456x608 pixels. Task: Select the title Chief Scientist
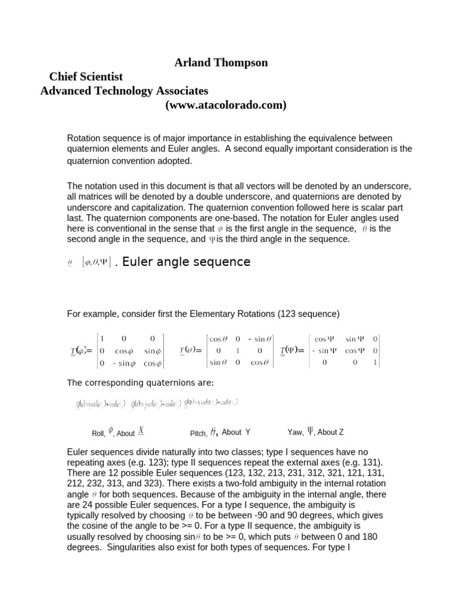(x=86, y=77)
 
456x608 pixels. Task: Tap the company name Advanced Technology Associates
(x=124, y=91)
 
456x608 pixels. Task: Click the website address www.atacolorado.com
(x=217, y=105)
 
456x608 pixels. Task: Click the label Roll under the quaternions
(x=98, y=433)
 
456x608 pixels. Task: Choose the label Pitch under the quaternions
(x=198, y=433)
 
